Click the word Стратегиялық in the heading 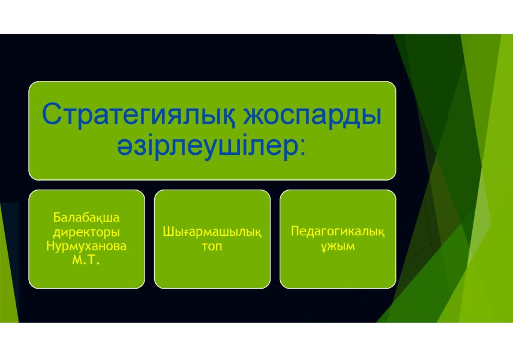coord(139,115)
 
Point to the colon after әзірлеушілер coord(302,149)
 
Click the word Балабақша coord(86,217)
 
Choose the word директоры coord(86,232)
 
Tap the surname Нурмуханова coord(86,246)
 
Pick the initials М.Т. coord(86,260)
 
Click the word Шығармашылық coord(212,232)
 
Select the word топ coord(212,246)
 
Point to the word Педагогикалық coord(338,232)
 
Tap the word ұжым coord(338,246)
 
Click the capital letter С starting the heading coord(52,114)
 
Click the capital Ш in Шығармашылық coord(168,232)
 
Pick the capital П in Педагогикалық coord(295,231)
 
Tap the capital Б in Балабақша coord(57,217)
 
